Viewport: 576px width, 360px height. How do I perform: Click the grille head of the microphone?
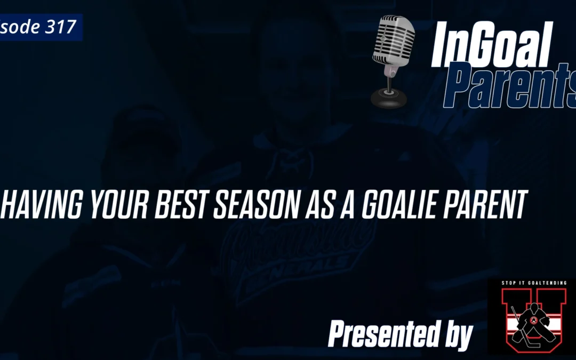pos(393,41)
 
